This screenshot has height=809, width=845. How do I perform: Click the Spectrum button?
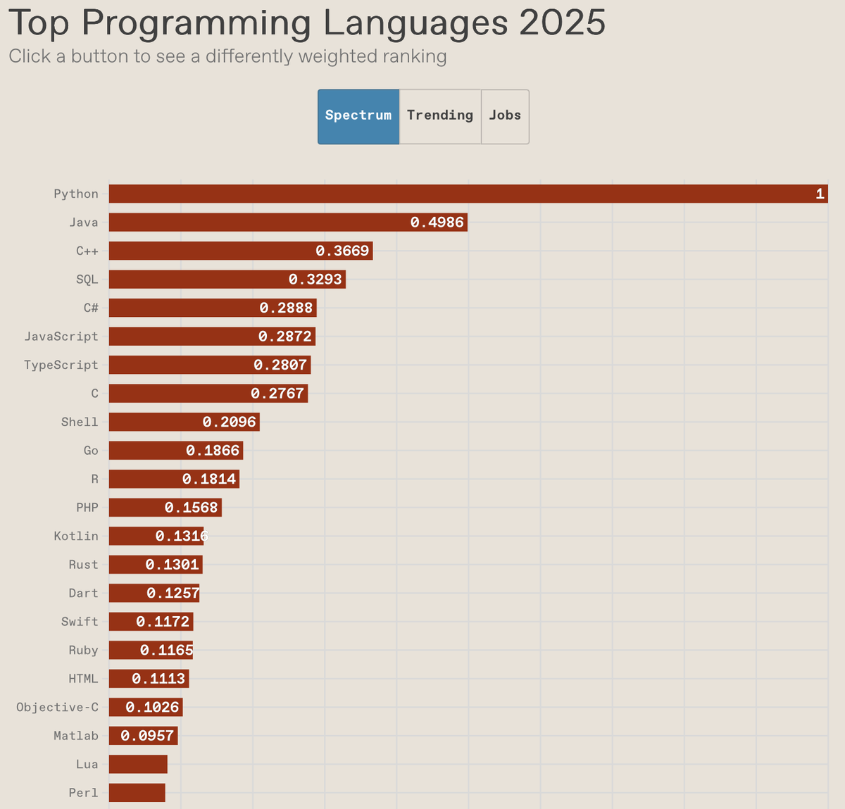(358, 116)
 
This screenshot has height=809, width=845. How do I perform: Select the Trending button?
(440, 116)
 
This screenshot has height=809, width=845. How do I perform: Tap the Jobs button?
(505, 116)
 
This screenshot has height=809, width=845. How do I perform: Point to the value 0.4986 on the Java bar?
(437, 222)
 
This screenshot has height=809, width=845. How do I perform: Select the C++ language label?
(87, 251)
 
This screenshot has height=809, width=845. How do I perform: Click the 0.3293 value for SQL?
(315, 280)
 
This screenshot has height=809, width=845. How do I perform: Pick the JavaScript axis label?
(61, 337)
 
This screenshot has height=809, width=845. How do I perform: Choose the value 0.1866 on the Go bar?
(213, 451)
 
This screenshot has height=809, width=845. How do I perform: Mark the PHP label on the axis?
(87, 508)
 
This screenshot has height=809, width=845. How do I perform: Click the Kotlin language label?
(76, 537)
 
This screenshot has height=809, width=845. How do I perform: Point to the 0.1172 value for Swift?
(163, 622)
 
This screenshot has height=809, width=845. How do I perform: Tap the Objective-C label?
(58, 708)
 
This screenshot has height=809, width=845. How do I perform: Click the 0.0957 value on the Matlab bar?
(147, 736)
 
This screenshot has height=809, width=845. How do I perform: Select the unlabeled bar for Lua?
(138, 765)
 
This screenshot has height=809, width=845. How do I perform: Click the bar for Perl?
(137, 793)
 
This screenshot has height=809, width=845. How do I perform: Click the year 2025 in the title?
(562, 23)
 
